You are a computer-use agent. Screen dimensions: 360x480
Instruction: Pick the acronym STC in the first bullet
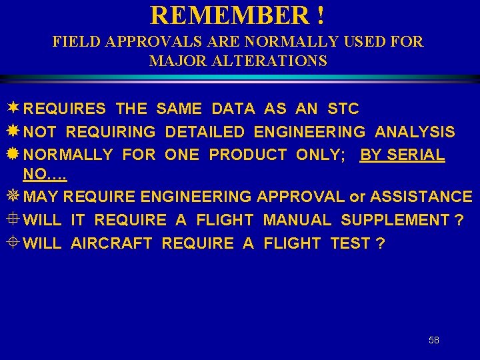tap(343, 109)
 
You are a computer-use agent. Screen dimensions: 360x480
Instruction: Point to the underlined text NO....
tap(44, 175)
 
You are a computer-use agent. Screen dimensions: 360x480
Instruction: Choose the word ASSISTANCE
tap(421, 197)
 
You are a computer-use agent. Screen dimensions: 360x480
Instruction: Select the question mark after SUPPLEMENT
tap(459, 220)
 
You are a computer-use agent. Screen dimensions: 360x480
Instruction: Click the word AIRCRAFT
tap(112, 243)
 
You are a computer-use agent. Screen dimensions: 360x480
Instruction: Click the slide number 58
tap(434, 340)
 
